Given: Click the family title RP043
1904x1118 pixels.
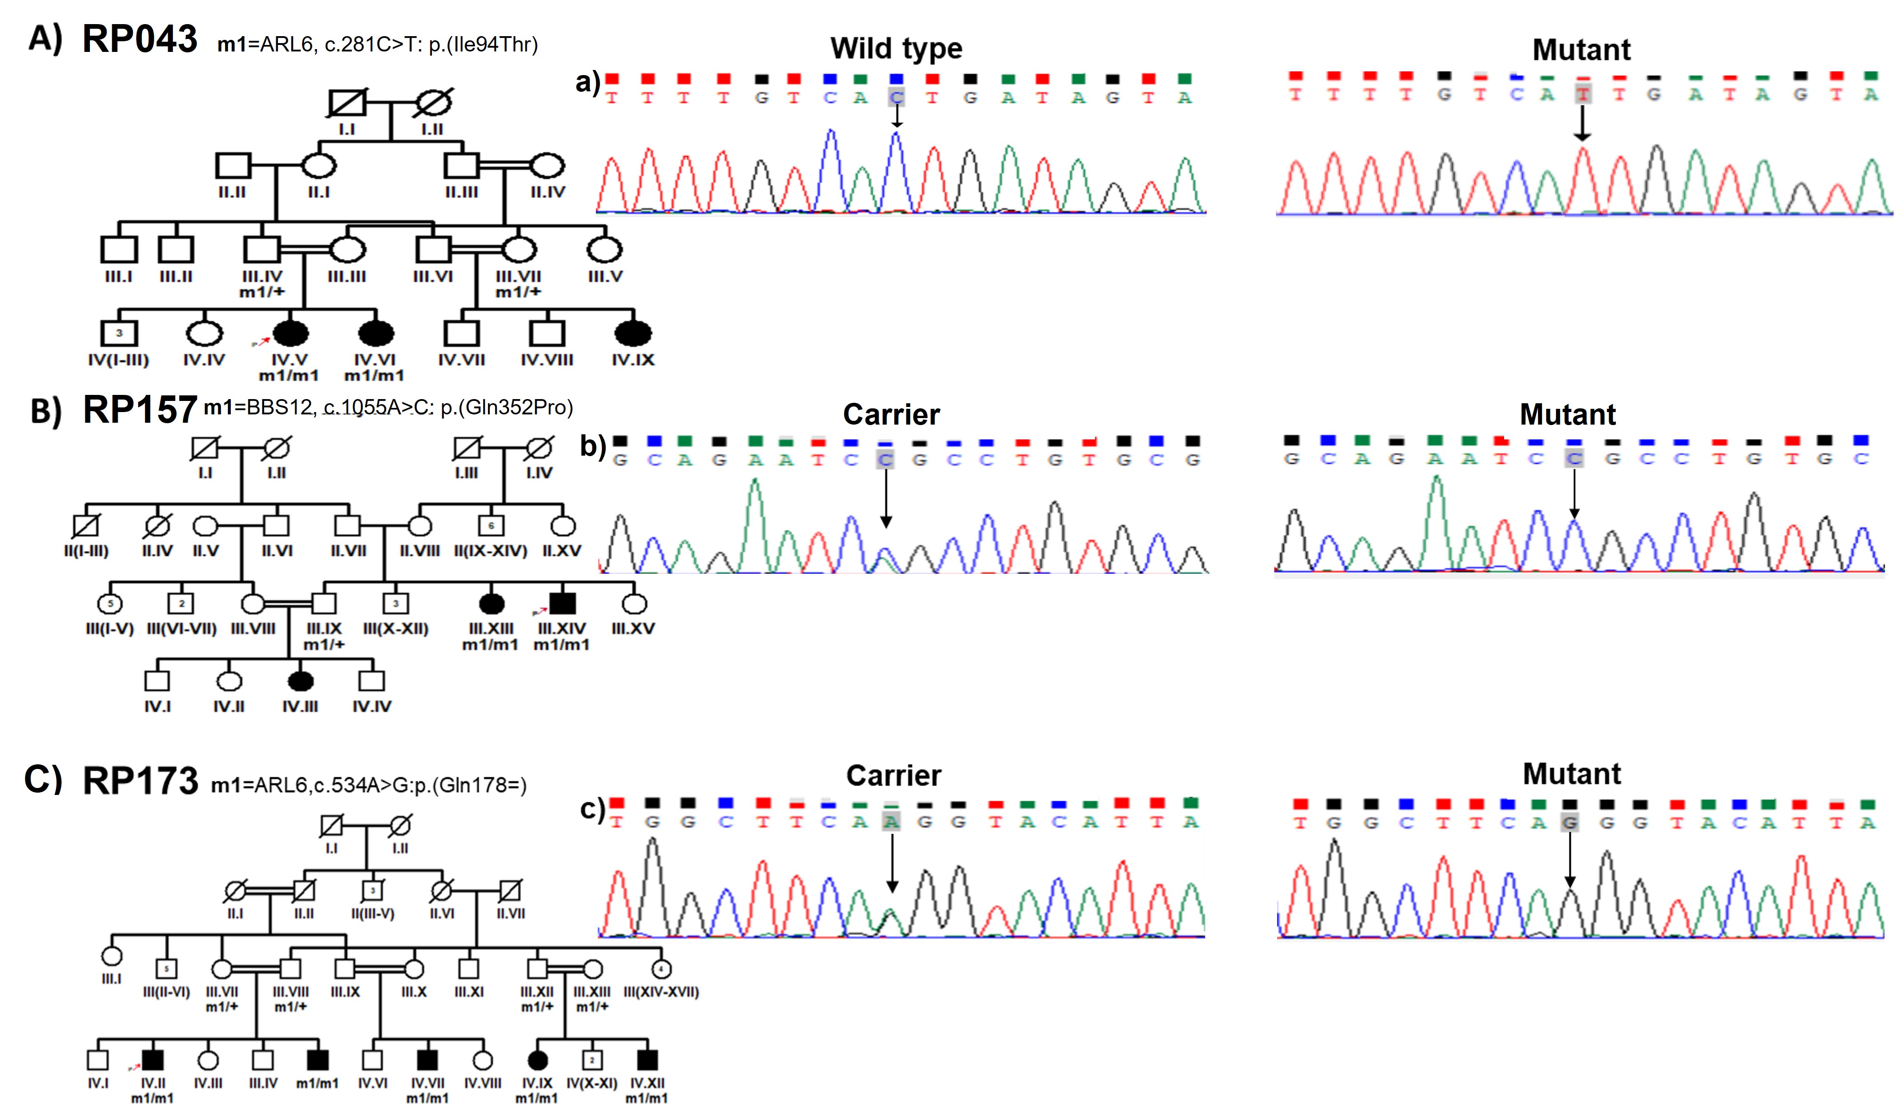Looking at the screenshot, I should pos(140,39).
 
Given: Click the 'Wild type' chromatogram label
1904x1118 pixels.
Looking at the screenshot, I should pos(896,48).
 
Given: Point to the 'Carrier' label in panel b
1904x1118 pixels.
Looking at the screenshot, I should pos(892,414).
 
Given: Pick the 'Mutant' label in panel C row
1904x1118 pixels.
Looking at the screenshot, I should pos(1572,774).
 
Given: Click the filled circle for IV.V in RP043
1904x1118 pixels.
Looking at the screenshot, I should pos(290,333).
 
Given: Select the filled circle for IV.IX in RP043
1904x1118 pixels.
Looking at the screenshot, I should pos(633,333).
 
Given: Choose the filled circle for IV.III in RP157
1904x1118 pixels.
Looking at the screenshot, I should pos(301,681).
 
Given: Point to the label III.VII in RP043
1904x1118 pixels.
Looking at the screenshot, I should pos(519,276).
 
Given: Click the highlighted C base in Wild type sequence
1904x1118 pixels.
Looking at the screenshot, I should pos(896,97).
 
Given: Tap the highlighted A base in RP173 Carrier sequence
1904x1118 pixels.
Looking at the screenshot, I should pos(892,822).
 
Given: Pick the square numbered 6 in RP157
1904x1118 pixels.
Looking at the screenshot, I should pos(491,525).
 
